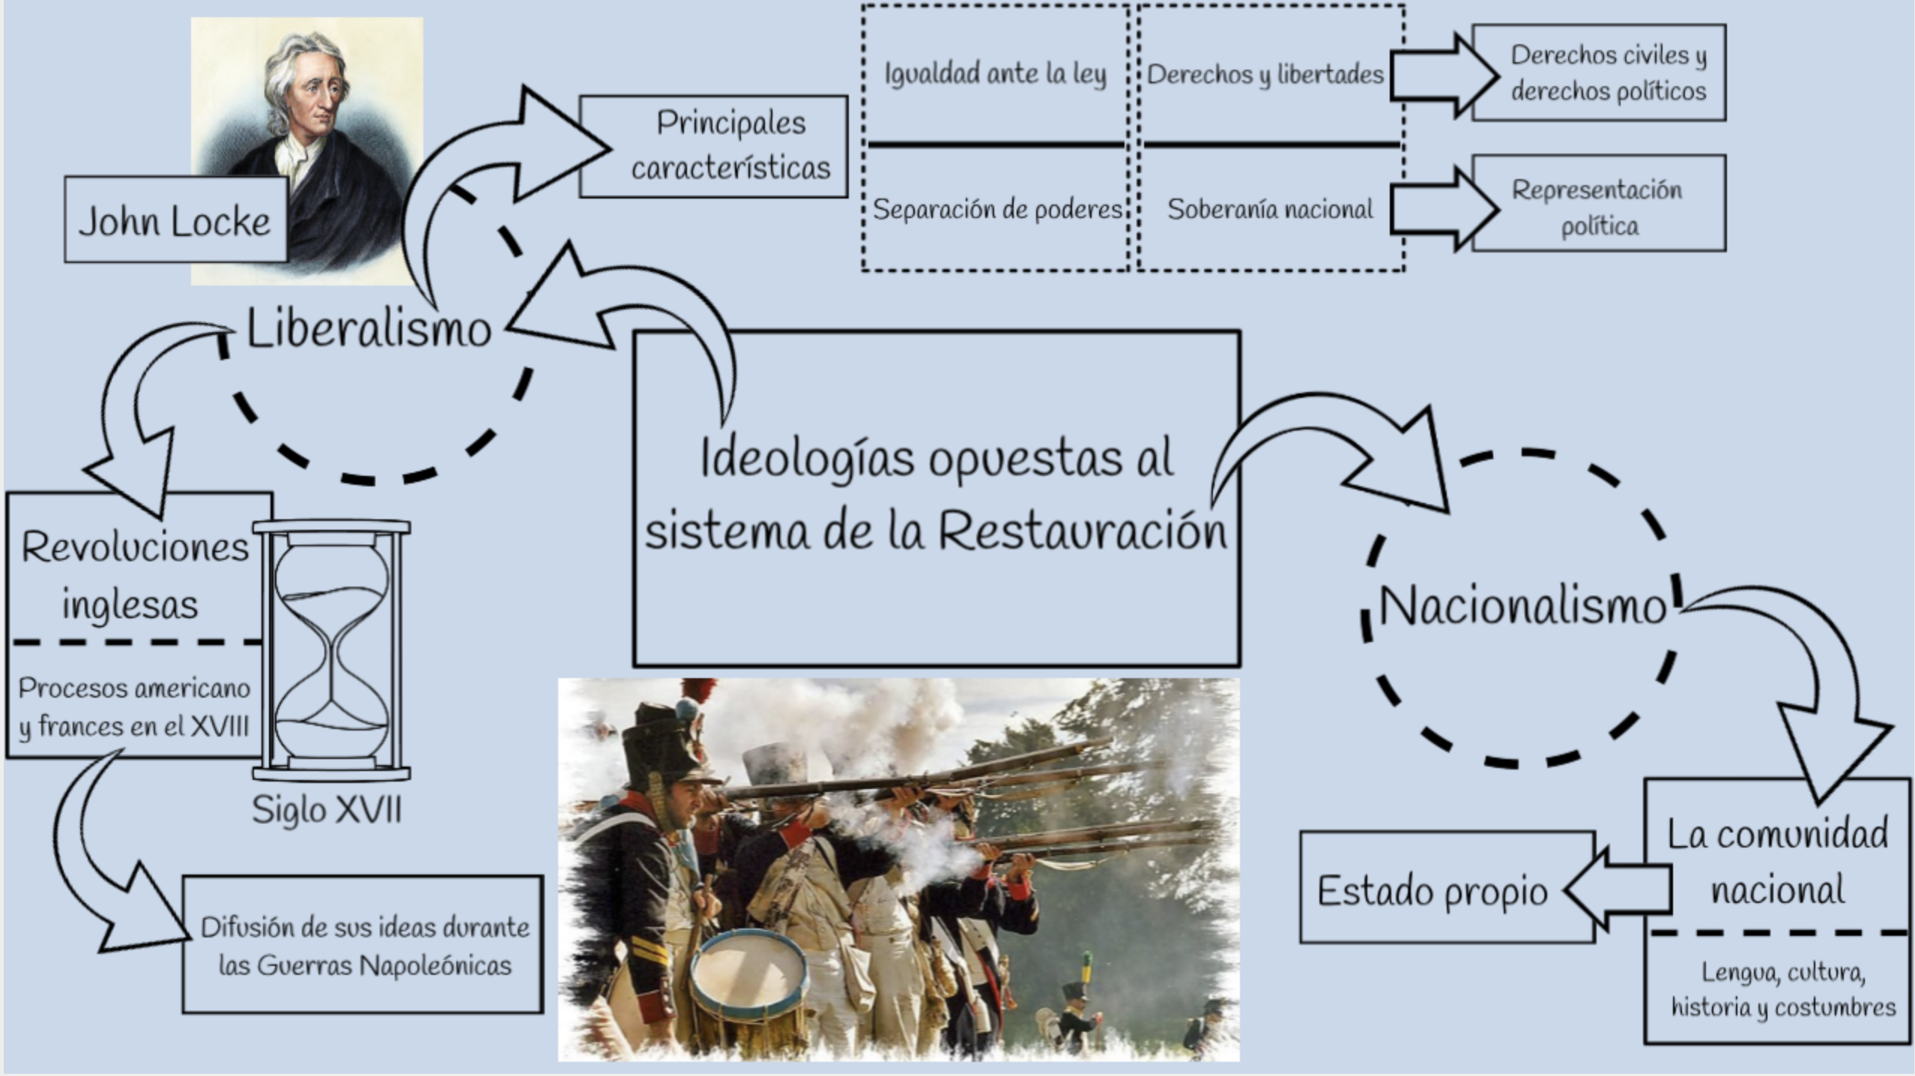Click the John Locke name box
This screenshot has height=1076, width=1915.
point(175,220)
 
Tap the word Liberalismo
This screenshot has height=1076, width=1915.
point(369,329)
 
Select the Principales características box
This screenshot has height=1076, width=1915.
point(714,146)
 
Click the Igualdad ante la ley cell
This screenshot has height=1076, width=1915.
point(995,74)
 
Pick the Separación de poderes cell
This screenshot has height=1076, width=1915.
point(996,209)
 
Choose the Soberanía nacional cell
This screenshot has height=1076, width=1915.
point(1270,209)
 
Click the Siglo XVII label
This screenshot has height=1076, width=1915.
point(327,809)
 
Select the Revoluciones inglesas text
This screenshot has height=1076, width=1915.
point(133,575)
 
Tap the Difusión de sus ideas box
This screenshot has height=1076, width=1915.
point(363,945)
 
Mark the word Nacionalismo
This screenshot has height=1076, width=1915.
point(1522,605)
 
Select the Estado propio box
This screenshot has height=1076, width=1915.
point(1433,891)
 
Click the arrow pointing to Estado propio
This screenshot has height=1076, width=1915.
point(1618,889)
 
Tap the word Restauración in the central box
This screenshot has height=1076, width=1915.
point(1083,531)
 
